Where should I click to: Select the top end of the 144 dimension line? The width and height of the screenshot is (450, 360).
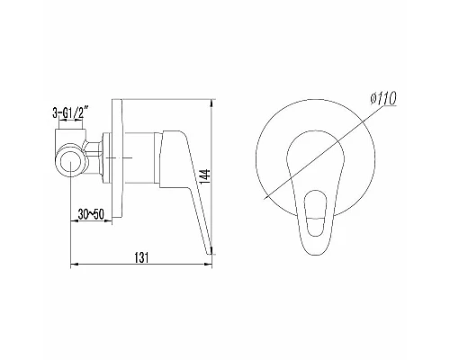pos(213,101)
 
